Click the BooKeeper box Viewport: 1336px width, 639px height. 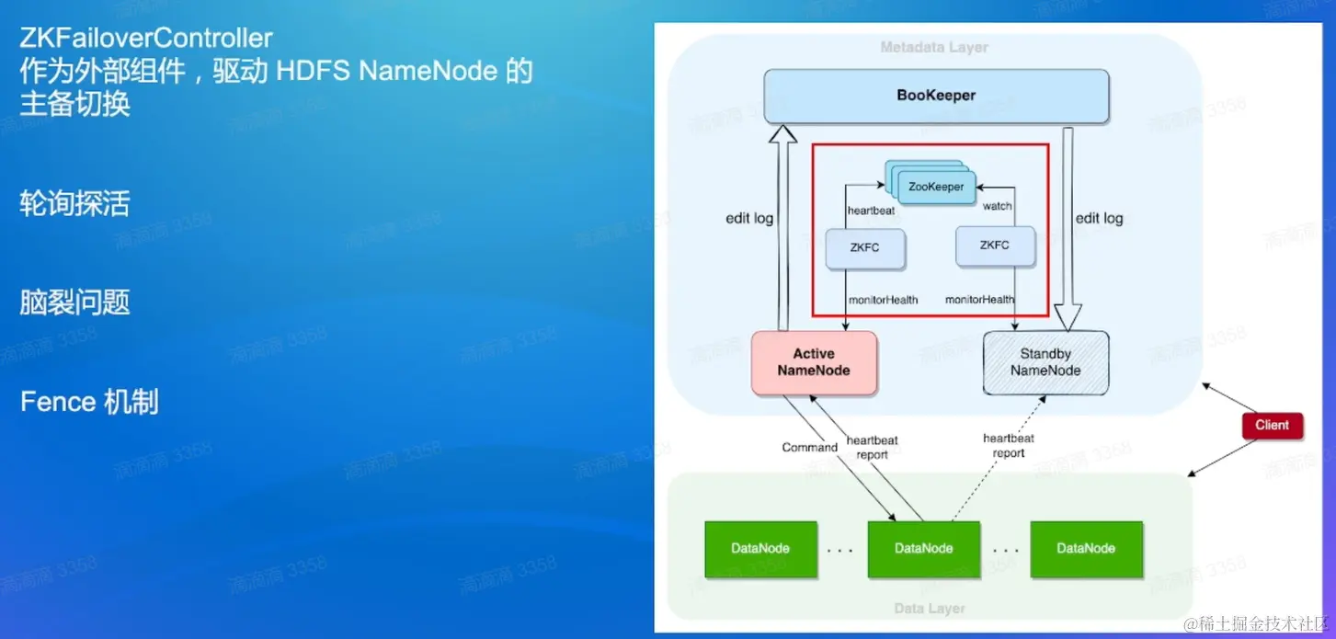[936, 96]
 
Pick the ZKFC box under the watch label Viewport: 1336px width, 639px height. [995, 245]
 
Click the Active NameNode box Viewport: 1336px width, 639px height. [814, 362]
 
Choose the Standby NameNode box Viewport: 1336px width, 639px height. [1045, 362]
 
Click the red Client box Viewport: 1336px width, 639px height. [1272, 425]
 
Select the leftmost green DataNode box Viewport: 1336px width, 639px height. [760, 549]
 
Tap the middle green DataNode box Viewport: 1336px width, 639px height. [923, 549]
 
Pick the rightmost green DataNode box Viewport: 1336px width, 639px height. [1086, 549]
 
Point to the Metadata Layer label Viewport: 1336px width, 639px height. [934, 47]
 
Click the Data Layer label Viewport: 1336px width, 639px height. [930, 608]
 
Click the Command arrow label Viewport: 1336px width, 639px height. [809, 448]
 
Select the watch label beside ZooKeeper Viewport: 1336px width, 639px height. [997, 206]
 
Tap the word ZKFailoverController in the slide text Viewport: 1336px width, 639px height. [146, 39]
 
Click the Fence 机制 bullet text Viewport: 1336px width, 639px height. [89, 402]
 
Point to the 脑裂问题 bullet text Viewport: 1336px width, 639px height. [74, 302]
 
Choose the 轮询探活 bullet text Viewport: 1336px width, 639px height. [74, 203]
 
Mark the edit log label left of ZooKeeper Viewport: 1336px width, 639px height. [749, 219]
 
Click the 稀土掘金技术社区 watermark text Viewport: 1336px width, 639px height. [1259, 624]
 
